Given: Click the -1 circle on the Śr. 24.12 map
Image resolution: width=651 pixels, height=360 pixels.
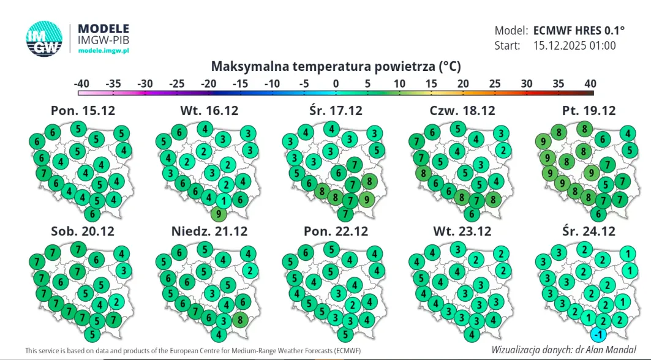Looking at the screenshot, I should point(599,334).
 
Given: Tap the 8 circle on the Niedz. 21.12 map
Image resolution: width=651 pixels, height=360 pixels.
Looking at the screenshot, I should point(241,319).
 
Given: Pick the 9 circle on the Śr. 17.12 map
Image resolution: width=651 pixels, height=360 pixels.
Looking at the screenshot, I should point(366,198).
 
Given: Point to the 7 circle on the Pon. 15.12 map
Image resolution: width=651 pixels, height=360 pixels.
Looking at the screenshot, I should point(43,173).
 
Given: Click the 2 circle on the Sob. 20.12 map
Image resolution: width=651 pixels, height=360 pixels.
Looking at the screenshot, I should point(116,301).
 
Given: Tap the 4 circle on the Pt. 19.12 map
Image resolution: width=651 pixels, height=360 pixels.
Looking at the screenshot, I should point(627,133).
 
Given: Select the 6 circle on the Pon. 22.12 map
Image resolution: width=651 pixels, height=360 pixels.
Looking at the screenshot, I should point(304,252).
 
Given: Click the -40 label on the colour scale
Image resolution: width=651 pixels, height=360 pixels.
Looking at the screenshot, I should point(81,83).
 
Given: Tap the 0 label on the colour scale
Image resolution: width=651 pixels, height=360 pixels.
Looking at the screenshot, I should point(336,83).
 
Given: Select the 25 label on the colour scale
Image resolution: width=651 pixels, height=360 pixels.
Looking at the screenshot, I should point(495,83).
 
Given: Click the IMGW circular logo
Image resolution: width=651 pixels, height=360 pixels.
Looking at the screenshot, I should point(45,40).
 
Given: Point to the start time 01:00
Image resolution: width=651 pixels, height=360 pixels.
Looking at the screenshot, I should point(601,45).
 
